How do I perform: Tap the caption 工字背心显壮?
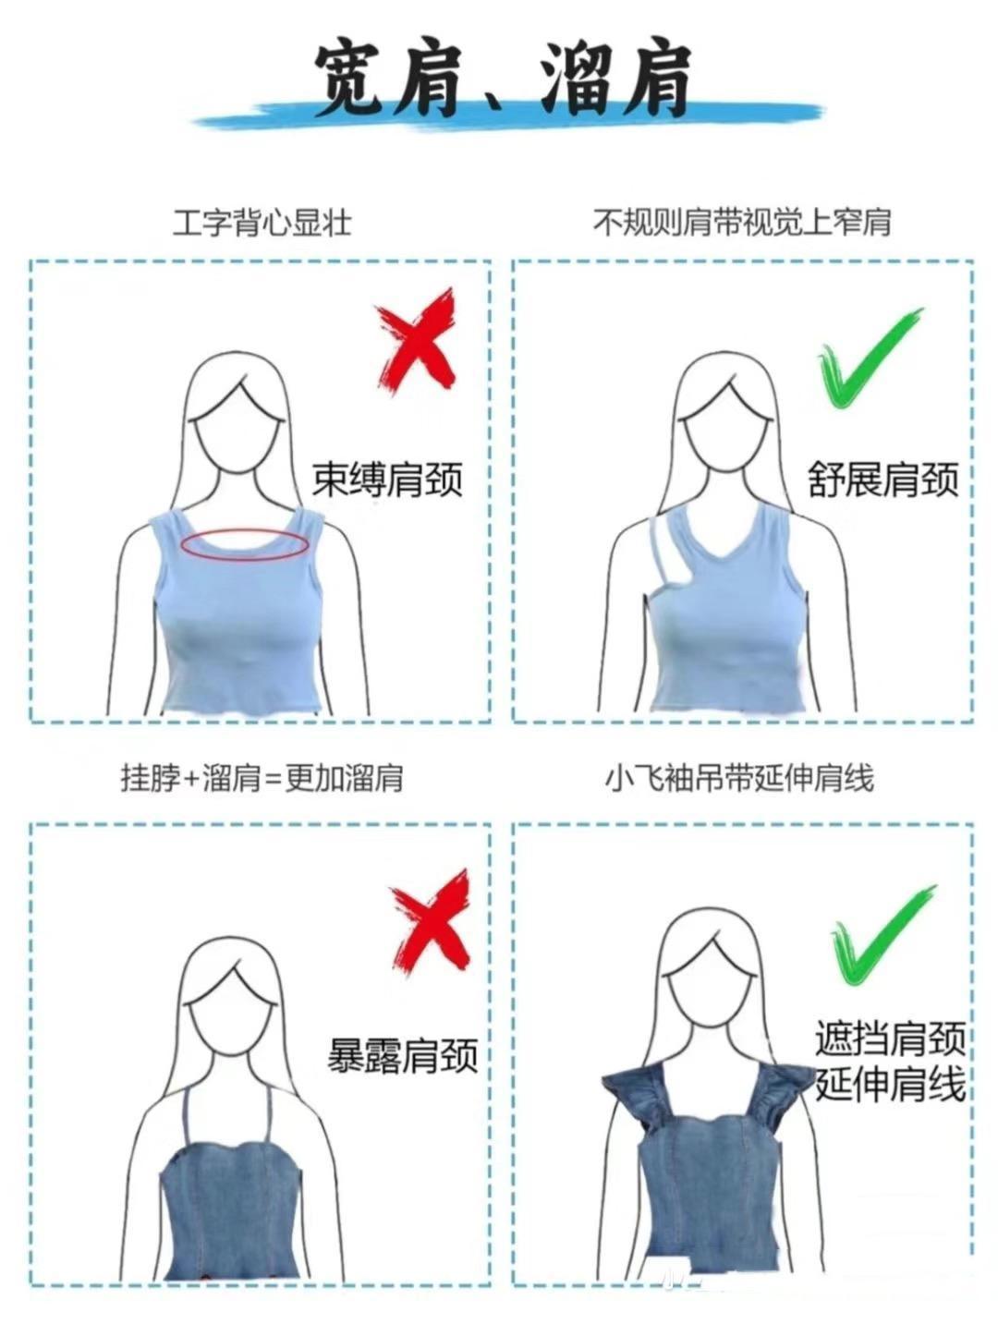pyautogui.click(x=262, y=223)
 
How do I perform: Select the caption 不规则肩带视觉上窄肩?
pyautogui.click(x=741, y=223)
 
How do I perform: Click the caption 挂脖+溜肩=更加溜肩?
pyautogui.click(x=262, y=778)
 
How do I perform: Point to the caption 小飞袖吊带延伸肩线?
pyautogui.click(x=740, y=778)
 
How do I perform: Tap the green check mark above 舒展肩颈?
pyautogui.click(x=869, y=358)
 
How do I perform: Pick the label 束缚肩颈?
pyautogui.click(x=386, y=480)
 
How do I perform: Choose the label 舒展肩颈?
pyautogui.click(x=882, y=480)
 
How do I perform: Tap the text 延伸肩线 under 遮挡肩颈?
pyautogui.click(x=891, y=1084)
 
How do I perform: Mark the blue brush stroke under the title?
pyautogui.click(x=508, y=117)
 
